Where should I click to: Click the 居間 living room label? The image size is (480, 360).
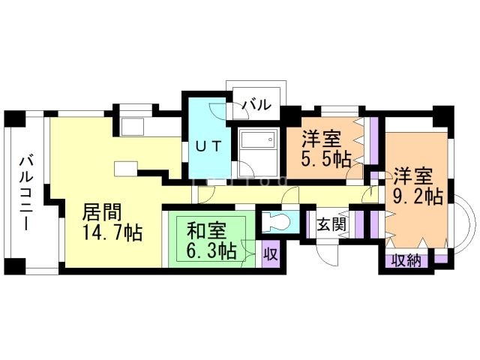[x=103, y=212]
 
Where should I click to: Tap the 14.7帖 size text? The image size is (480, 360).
[x=112, y=233]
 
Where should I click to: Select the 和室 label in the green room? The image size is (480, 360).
[x=206, y=231]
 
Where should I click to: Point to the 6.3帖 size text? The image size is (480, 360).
[x=211, y=251]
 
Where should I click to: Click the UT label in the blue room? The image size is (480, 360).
[x=208, y=146]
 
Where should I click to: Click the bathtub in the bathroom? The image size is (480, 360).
[x=258, y=143]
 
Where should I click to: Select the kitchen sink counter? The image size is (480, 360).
[x=132, y=127]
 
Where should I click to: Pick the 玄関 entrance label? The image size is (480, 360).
[x=331, y=225]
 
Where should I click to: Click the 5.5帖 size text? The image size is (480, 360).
[x=326, y=159]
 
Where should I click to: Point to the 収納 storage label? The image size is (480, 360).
[x=406, y=261]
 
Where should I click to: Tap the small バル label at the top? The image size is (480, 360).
[x=256, y=105]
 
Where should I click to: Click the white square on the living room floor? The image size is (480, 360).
[x=126, y=169]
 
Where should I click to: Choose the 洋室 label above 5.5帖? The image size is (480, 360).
[x=321, y=139]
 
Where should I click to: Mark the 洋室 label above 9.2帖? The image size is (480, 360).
[x=413, y=176]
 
